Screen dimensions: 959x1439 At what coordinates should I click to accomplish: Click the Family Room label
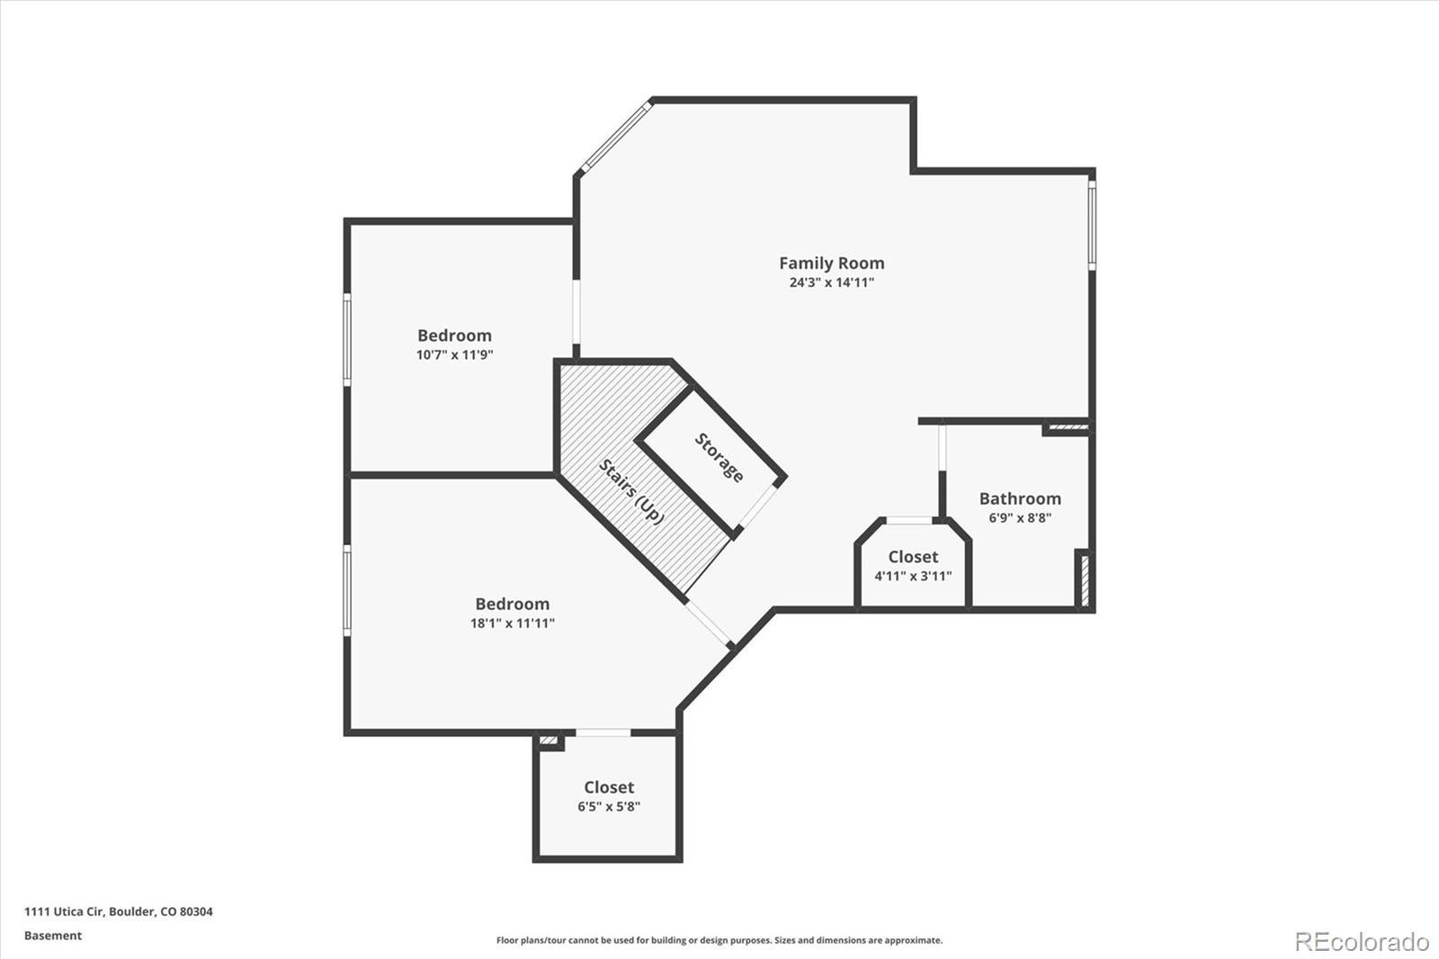point(831,263)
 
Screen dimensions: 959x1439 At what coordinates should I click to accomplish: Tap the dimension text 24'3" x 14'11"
point(831,282)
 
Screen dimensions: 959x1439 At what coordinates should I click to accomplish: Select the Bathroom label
point(1020,498)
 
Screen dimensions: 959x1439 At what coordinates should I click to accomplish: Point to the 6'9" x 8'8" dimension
point(1020,518)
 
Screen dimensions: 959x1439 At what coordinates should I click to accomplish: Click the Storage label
point(719,458)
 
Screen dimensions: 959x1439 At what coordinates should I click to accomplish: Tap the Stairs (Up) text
point(631,492)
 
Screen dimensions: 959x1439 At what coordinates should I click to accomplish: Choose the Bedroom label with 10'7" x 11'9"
point(454,336)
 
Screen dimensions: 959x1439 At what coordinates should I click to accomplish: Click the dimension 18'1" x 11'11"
point(512,623)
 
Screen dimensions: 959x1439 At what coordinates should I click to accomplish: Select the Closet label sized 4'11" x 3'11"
point(913,557)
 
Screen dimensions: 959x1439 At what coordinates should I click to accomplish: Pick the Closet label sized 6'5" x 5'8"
point(609,787)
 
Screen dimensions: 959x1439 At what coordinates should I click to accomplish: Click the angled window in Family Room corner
point(616,138)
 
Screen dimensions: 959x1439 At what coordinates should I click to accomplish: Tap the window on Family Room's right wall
point(1092,225)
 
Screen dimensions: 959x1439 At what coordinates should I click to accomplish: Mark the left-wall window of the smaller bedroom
point(347,340)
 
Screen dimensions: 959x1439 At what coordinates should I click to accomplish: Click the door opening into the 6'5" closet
point(603,733)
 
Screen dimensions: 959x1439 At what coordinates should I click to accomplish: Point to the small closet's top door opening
point(909,520)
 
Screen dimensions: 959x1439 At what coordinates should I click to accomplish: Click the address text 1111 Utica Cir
point(119,911)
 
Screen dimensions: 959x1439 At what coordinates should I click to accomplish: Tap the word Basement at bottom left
point(53,936)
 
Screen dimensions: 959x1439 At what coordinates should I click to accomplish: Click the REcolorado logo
point(1361,941)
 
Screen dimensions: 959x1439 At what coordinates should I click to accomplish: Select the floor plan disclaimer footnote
point(719,940)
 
